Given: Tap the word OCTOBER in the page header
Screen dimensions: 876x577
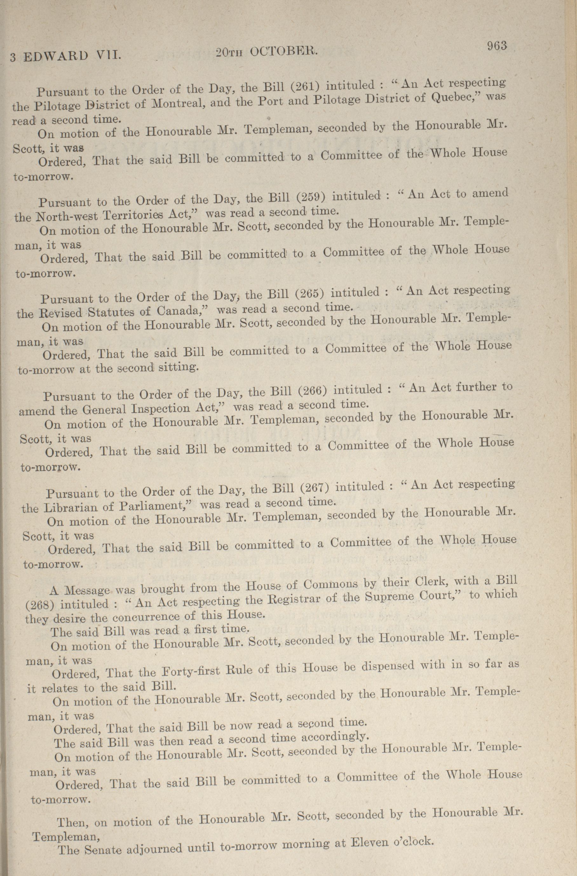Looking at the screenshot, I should point(283,52).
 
